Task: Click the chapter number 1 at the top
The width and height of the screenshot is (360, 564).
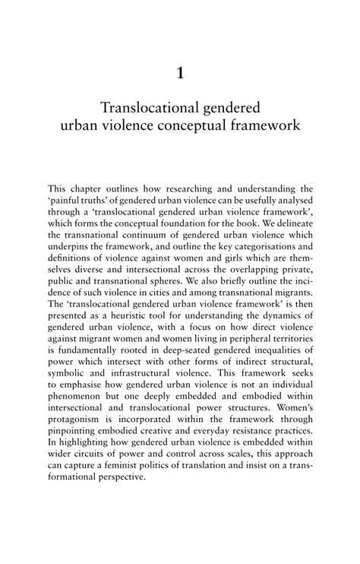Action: tap(180, 74)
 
